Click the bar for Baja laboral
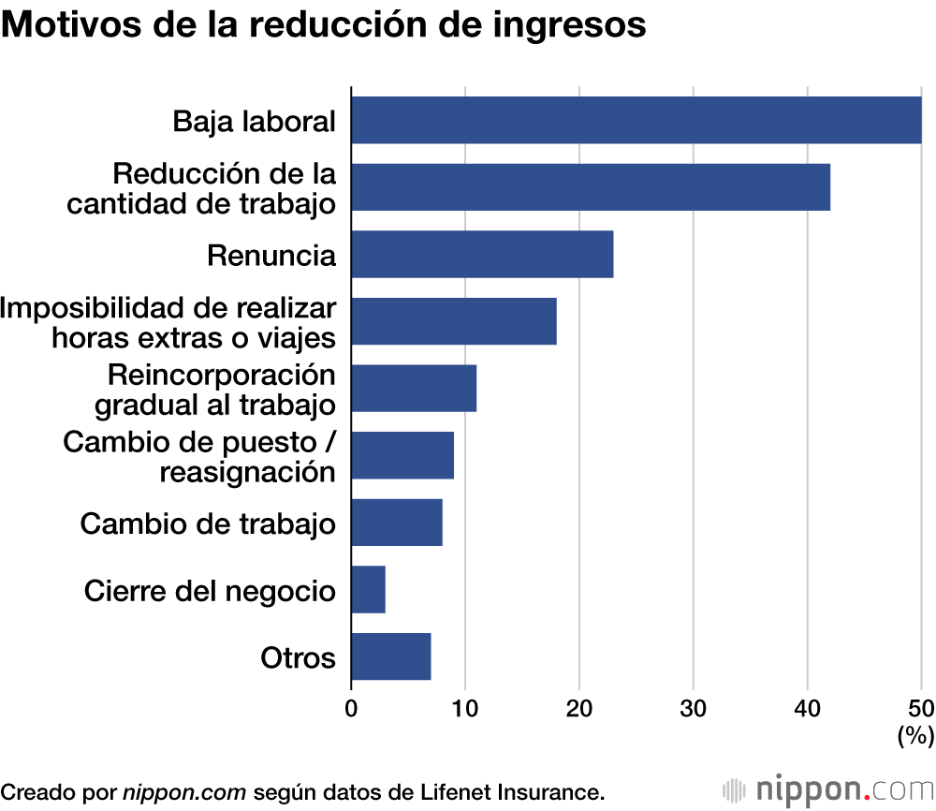coord(636,120)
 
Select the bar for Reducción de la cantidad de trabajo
coord(591,187)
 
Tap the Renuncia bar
coord(482,254)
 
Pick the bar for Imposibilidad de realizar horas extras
coord(454,321)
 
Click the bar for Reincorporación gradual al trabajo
coord(414,388)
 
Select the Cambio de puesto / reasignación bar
coord(402,455)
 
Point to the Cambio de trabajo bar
coord(397,523)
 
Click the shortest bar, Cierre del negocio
coord(368,589)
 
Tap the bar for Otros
coord(391,656)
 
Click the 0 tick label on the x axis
coord(351,709)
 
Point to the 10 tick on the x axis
coord(465,709)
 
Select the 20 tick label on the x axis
coord(579,709)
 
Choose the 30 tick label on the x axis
coord(694,709)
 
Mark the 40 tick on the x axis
coord(808,709)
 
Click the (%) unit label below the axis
coord(915,736)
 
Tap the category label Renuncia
coord(271,255)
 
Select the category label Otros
coord(298,657)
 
